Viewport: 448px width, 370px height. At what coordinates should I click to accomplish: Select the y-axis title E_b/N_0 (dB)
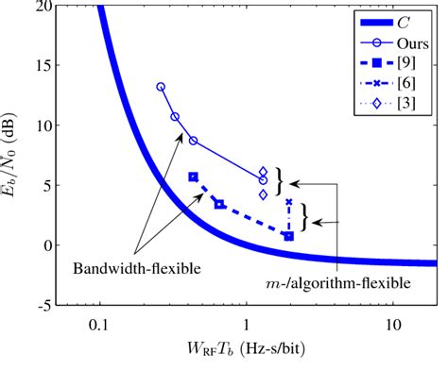click(x=12, y=156)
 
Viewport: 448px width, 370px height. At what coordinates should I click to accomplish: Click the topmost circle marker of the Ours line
click(x=161, y=87)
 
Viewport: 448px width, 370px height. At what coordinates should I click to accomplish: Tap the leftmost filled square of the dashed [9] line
click(x=194, y=177)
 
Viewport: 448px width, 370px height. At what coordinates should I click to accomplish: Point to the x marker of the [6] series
click(x=289, y=202)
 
